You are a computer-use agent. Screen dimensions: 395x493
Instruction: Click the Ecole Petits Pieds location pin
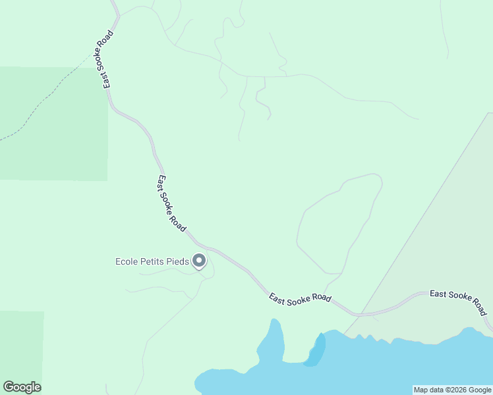pyautogui.click(x=199, y=262)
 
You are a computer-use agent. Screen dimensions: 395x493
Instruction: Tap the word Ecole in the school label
pyautogui.click(x=127, y=262)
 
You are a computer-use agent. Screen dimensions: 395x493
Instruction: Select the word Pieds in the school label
pyautogui.click(x=177, y=262)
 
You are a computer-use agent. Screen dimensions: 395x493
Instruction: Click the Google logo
pyautogui.click(x=22, y=387)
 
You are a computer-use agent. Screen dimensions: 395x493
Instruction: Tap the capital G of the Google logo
pyautogui.click(x=8, y=387)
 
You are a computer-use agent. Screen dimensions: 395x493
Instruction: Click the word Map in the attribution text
pyautogui.click(x=421, y=390)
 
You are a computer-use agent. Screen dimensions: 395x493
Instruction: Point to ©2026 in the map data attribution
pyautogui.click(x=452, y=390)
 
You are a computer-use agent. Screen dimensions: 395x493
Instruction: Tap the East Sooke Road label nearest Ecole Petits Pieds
pyautogui.click(x=171, y=202)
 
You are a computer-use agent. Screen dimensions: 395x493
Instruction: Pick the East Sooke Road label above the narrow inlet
pyautogui.click(x=300, y=298)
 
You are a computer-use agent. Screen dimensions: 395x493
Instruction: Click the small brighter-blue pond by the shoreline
pyautogui.click(x=316, y=351)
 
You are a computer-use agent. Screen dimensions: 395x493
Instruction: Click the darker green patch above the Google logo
pyautogui.click(x=21, y=342)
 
